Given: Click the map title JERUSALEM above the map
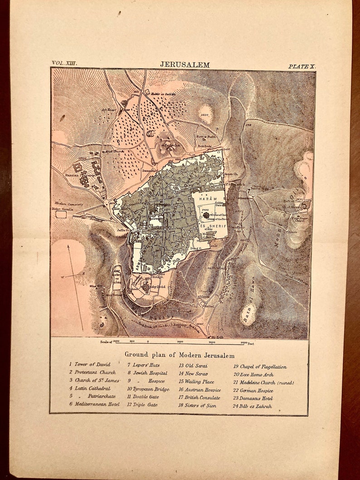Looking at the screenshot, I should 185,65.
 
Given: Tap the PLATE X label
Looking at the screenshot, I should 302,66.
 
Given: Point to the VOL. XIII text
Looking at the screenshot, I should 64,63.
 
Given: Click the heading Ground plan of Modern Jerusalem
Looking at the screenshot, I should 180,355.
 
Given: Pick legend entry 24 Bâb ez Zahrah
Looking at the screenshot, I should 253,406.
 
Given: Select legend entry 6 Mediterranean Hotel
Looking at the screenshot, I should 94,404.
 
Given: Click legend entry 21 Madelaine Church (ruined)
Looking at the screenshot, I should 263,383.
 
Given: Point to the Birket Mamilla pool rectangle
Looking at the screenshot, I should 59,214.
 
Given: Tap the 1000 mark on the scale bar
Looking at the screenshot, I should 180,342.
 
